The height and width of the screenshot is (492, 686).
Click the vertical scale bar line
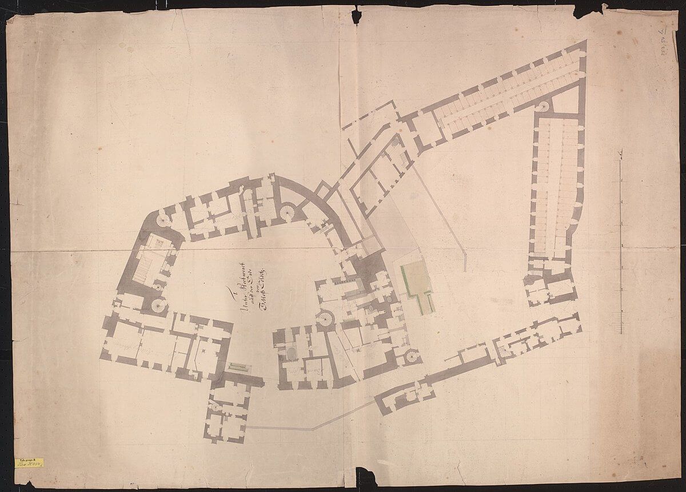tap(622, 245)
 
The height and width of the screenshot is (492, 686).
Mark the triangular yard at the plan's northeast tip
tap(568, 97)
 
